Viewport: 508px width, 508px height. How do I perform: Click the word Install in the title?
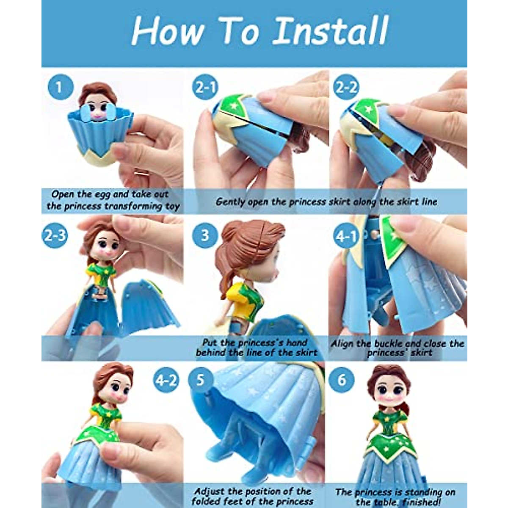tap(330, 31)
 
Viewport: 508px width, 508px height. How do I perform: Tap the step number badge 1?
tap(61, 87)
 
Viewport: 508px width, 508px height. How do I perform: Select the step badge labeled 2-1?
tap(205, 87)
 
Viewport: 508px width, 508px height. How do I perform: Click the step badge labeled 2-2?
tap(346, 87)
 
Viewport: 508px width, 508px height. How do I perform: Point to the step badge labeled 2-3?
tap(55, 235)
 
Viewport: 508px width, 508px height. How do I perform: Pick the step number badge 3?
tap(205, 235)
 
